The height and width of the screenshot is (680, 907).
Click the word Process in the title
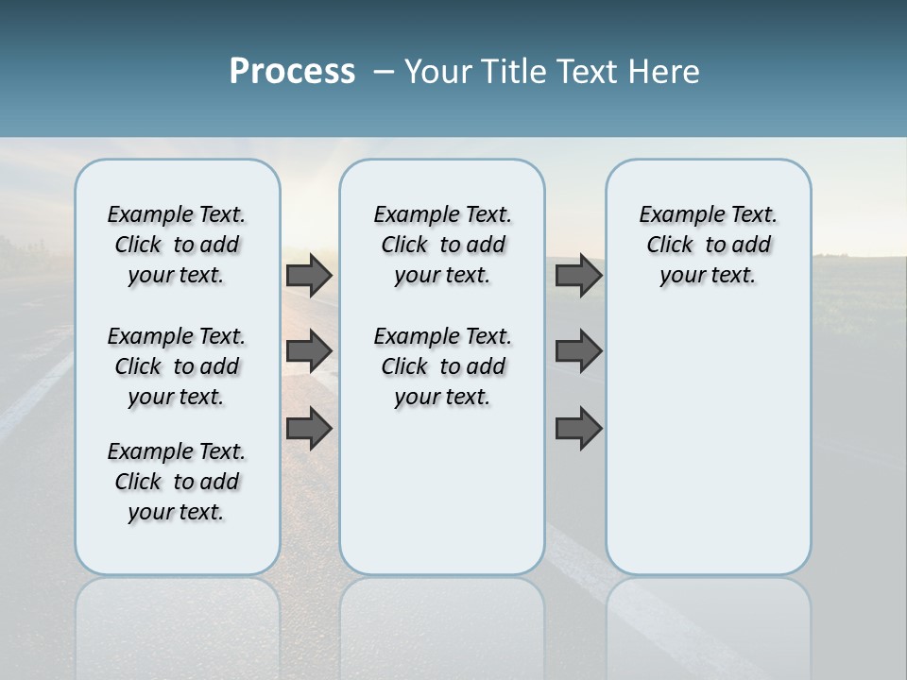(292, 72)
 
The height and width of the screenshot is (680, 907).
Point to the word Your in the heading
(435, 72)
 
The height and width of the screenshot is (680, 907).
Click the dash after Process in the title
(384, 72)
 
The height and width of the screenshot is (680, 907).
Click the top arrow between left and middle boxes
(309, 276)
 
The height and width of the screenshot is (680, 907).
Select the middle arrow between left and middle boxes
(309, 351)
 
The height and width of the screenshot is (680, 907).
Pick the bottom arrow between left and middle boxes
(309, 428)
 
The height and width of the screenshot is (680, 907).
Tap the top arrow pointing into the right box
(578, 276)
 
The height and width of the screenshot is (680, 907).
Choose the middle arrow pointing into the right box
(578, 351)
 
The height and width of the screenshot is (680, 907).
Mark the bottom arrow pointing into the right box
(578, 428)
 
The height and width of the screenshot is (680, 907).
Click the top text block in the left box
(177, 245)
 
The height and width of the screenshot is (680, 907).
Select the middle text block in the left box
(177, 366)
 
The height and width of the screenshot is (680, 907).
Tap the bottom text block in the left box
(177, 482)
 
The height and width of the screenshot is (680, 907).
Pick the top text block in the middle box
(442, 245)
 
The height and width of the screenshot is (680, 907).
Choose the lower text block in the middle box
(442, 366)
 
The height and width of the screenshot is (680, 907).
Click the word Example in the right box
(677, 215)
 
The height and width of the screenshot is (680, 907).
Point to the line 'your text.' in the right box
(708, 276)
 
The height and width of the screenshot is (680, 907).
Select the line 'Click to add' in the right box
(709, 246)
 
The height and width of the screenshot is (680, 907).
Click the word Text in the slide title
(587, 72)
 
